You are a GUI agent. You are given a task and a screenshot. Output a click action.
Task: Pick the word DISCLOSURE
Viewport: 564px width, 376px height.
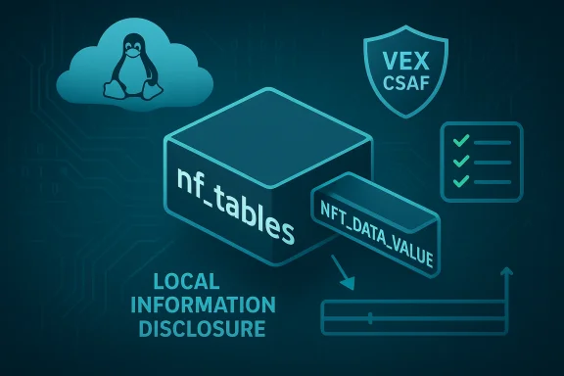point(202,329)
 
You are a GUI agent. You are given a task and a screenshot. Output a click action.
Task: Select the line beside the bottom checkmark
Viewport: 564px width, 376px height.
point(494,181)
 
